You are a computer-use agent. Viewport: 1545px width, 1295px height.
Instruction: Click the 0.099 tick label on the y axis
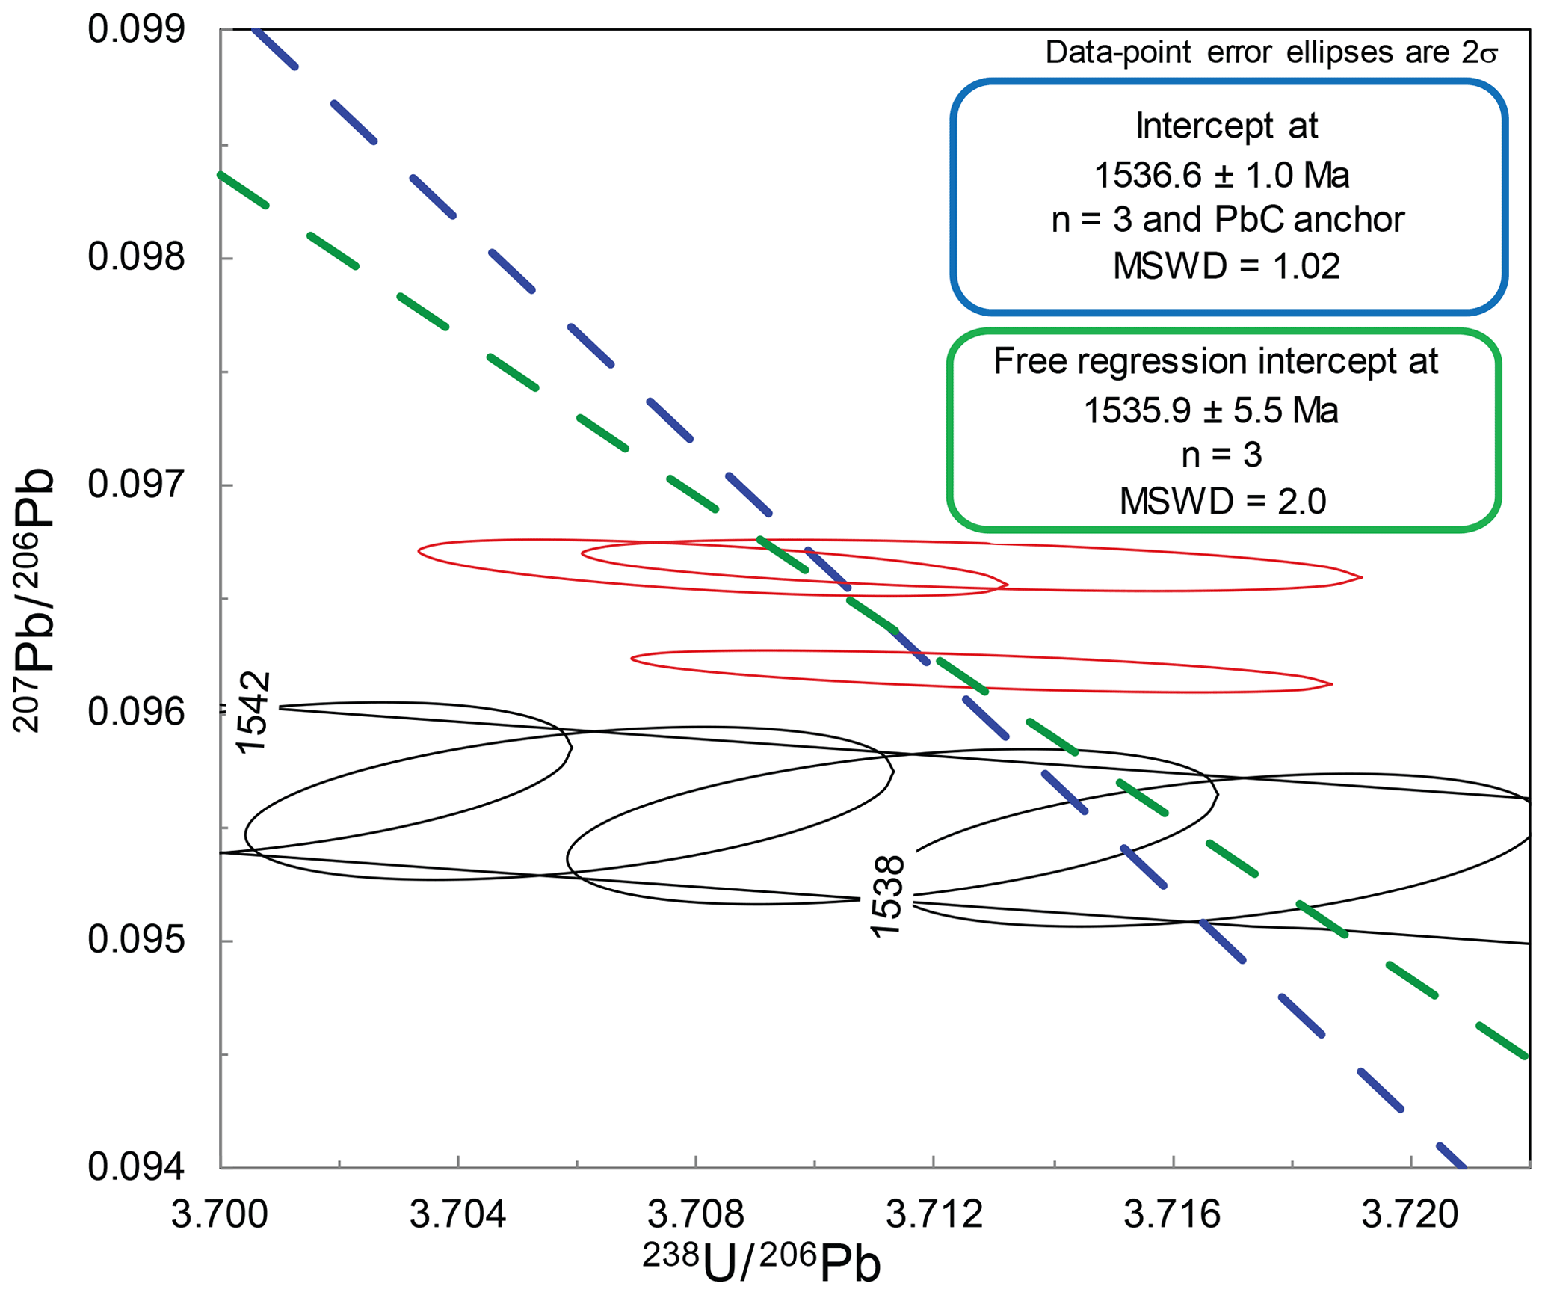pyautogui.click(x=136, y=30)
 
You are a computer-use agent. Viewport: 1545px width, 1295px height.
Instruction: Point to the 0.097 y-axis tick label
pyautogui.click(x=136, y=485)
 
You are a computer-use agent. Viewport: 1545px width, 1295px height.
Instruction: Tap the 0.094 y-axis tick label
pyautogui.click(x=136, y=1167)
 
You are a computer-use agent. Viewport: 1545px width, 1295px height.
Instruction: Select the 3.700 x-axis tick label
pyautogui.click(x=220, y=1215)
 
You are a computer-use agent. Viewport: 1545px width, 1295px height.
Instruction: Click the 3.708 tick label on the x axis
pyautogui.click(x=695, y=1215)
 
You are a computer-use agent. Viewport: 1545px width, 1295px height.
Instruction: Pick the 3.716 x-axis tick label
pyautogui.click(x=1172, y=1215)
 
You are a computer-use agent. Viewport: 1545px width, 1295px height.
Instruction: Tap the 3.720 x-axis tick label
pyautogui.click(x=1410, y=1215)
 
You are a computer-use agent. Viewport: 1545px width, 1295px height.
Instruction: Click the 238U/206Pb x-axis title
pyautogui.click(x=762, y=1263)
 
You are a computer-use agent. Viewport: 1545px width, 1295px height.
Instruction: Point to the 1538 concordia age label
pyautogui.click(x=887, y=896)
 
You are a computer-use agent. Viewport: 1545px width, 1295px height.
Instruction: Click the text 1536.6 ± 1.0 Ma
pyautogui.click(x=1222, y=176)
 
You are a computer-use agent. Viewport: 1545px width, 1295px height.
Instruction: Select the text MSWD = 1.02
pyautogui.click(x=1227, y=266)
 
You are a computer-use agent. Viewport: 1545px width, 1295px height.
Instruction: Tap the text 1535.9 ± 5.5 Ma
pyautogui.click(x=1211, y=410)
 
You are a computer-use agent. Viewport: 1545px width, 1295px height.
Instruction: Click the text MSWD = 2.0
pyautogui.click(x=1223, y=501)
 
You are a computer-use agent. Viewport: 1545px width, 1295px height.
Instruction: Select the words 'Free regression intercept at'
pyautogui.click(x=1215, y=362)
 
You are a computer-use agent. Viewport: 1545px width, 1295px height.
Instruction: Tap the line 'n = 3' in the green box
pyautogui.click(x=1222, y=455)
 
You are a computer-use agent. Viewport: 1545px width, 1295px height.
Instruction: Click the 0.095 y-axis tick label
pyautogui.click(x=136, y=940)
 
